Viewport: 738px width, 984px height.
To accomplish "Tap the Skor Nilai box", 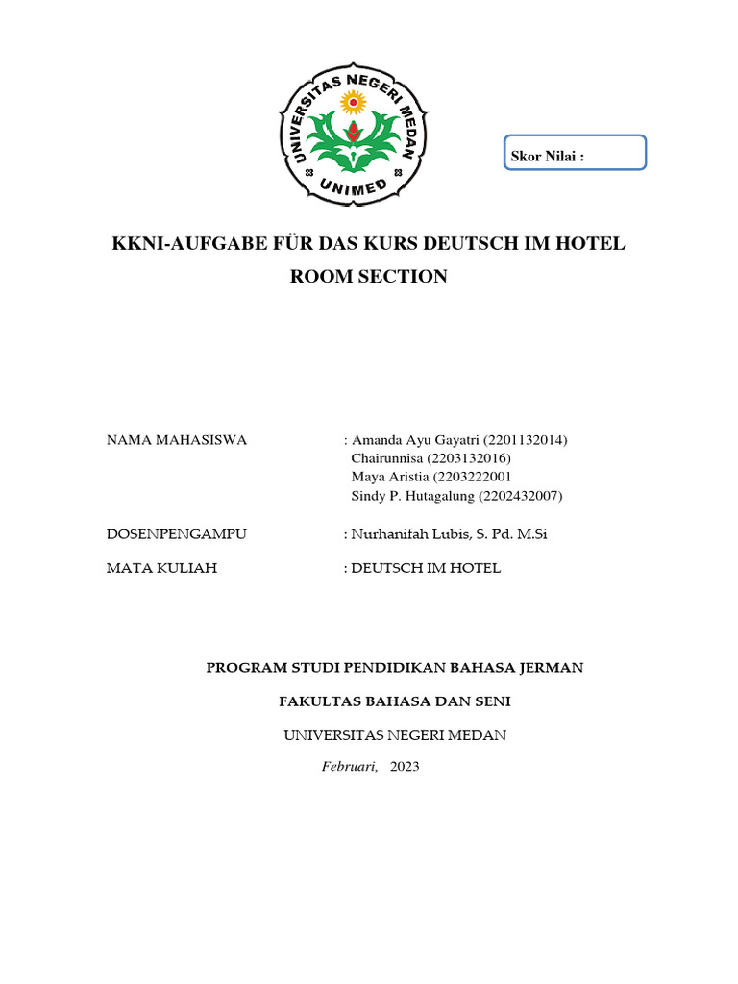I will (575, 153).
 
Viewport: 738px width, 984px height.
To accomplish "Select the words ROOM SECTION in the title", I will (369, 277).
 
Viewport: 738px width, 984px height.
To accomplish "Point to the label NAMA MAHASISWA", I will (176, 440).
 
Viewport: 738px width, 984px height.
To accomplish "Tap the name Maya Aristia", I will (391, 477).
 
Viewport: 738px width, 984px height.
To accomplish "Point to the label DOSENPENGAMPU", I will (176, 534).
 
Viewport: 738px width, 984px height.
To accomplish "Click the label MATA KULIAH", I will (161, 568).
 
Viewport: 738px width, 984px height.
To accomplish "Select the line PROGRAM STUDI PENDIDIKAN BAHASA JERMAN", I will (395, 667).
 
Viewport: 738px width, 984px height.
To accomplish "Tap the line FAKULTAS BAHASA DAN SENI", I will (395, 701).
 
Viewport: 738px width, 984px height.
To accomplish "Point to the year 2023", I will (405, 767).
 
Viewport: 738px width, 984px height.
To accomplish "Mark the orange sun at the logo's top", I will (354, 99).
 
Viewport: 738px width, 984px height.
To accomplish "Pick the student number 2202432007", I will (519, 496).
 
